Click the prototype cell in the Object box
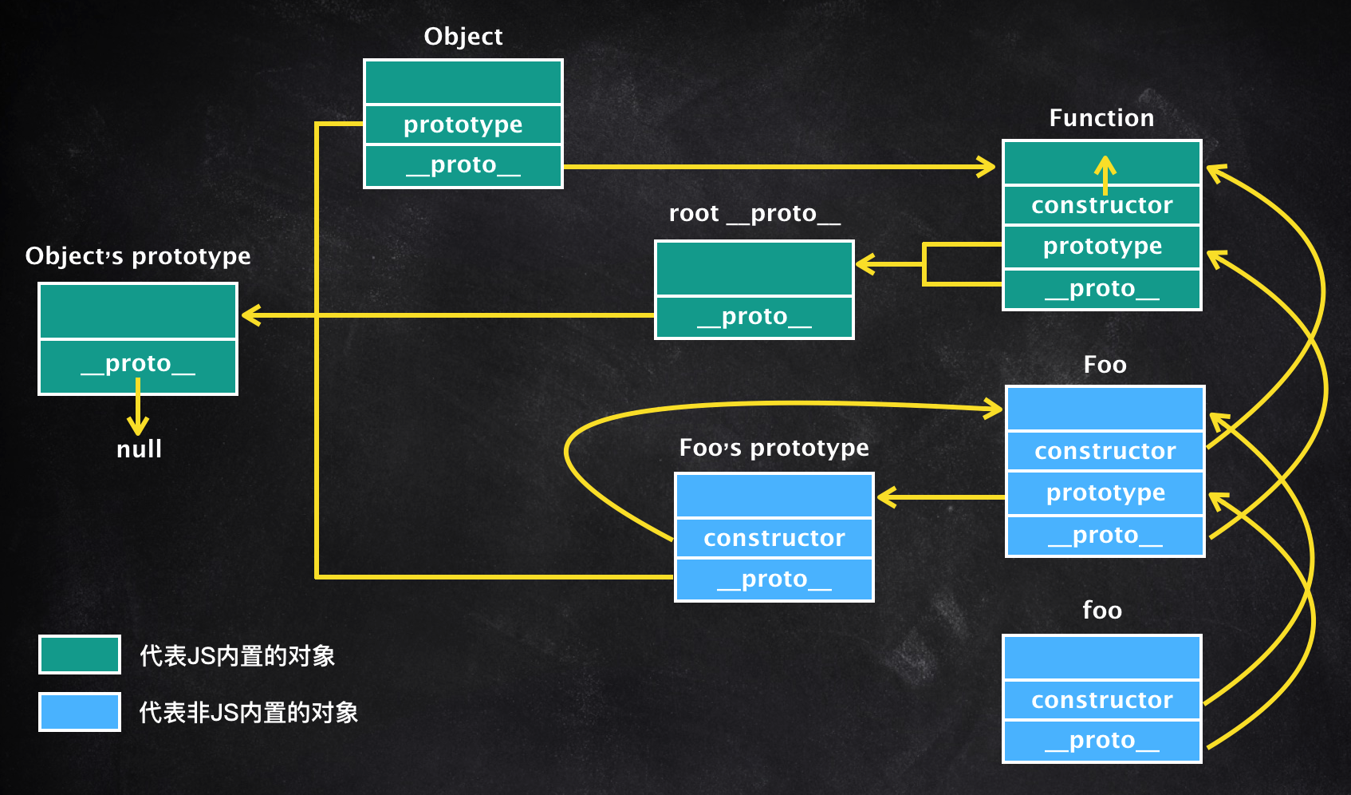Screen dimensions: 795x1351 click(x=463, y=125)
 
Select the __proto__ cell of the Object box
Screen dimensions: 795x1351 click(x=463, y=165)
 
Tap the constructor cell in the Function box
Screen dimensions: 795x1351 click(x=1101, y=206)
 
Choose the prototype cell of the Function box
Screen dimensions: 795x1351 click(x=1101, y=247)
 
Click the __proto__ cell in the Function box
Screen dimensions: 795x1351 click(x=1101, y=289)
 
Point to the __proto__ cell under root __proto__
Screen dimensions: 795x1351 click(x=754, y=317)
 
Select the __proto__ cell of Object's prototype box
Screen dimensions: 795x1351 click(x=138, y=365)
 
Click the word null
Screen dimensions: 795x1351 click(x=139, y=449)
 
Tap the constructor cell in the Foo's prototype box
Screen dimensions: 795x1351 click(x=774, y=538)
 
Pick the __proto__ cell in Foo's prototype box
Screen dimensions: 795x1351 click(x=774, y=579)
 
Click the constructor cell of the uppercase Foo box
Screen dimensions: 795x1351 click(x=1105, y=451)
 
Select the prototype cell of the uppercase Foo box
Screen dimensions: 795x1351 click(x=1105, y=493)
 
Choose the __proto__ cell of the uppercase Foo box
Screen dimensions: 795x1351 click(x=1105, y=536)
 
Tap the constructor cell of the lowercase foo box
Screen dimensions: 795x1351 click(x=1101, y=700)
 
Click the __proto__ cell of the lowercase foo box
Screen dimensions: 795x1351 click(x=1101, y=742)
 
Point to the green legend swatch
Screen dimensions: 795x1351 click(x=80, y=655)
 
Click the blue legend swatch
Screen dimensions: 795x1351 click(x=80, y=712)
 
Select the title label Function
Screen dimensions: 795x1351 click(x=1101, y=118)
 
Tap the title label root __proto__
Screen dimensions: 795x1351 click(x=754, y=213)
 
